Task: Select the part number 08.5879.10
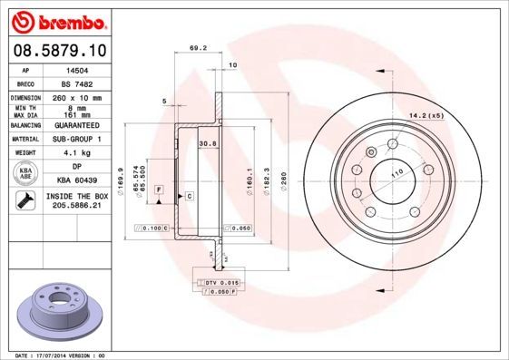pyautogui.click(x=56, y=51)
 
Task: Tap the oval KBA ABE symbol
pyautogui.click(x=26, y=173)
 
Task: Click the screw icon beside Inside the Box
pyautogui.click(x=26, y=200)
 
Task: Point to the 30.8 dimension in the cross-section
pyautogui.click(x=206, y=142)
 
